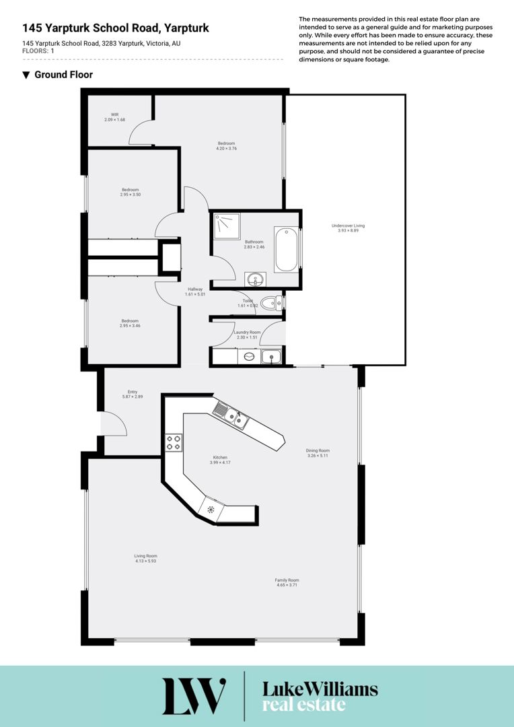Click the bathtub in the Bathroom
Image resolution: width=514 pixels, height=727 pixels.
pos(286,250)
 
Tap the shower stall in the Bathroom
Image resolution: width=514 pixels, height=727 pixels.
pos(227,227)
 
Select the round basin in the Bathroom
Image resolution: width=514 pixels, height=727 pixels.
pos(256,279)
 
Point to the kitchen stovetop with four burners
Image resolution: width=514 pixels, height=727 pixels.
pos(174,442)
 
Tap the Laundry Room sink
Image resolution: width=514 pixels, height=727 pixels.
pos(270,357)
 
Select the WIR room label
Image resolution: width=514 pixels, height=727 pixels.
pos(114,114)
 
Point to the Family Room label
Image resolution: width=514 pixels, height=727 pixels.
pos(287,580)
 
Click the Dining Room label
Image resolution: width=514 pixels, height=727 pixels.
pos(318,450)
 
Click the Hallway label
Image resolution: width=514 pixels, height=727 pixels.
pos(195,289)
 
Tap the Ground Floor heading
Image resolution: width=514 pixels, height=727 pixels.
pos(63,75)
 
